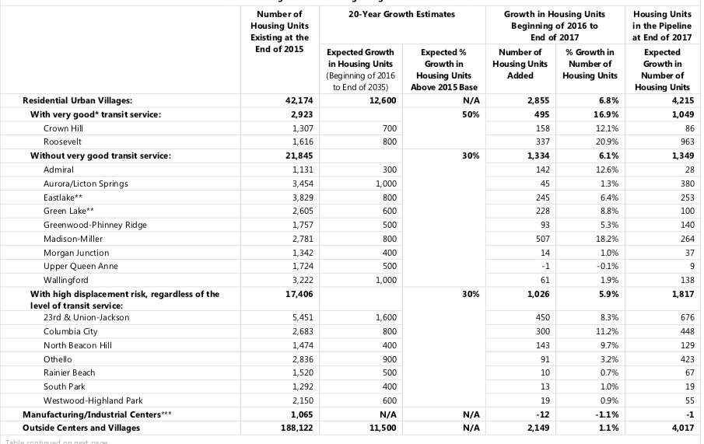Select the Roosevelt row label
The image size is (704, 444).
(62, 142)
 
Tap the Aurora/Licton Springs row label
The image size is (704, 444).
(86, 184)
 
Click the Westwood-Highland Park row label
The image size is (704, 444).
(93, 400)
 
